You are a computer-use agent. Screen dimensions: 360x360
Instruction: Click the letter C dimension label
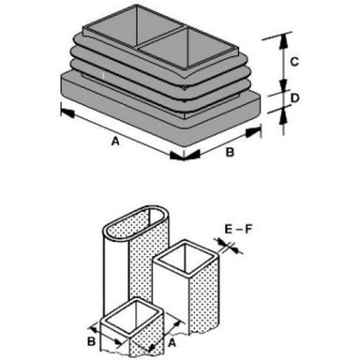point(294,62)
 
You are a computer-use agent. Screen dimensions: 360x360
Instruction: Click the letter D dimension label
point(295,98)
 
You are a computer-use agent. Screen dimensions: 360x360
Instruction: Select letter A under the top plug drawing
point(115,142)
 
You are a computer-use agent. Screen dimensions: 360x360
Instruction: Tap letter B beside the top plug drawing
point(230,153)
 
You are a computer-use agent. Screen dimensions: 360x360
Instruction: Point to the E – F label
point(238,230)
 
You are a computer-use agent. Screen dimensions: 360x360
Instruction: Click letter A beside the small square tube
point(172,343)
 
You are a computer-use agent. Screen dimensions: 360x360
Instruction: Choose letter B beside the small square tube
point(91,341)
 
